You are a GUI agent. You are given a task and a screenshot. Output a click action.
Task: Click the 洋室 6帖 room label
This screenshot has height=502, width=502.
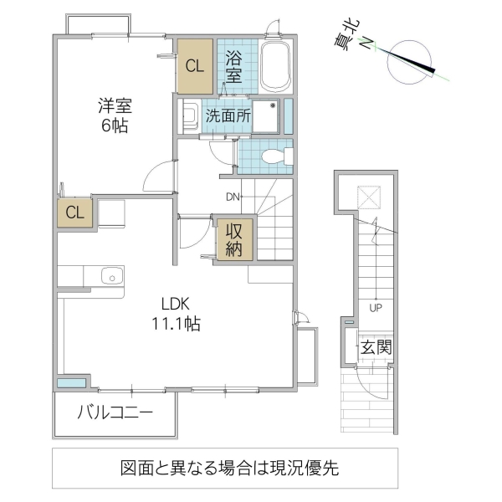(115, 115)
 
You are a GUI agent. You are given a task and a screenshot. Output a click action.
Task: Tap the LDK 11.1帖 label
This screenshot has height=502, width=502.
(175, 314)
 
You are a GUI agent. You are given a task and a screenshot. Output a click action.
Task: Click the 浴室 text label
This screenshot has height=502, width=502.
(234, 66)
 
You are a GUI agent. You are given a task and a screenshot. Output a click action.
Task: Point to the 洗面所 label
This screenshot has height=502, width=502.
(228, 117)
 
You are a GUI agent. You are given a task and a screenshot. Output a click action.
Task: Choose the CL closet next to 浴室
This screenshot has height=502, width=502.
(194, 67)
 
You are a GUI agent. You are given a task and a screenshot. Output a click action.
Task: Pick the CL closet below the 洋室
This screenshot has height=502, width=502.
(74, 213)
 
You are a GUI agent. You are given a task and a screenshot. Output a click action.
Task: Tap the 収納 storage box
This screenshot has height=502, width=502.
(232, 240)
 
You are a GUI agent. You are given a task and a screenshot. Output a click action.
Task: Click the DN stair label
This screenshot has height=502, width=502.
(233, 197)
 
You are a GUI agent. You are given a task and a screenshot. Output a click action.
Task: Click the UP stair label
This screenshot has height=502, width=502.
(376, 307)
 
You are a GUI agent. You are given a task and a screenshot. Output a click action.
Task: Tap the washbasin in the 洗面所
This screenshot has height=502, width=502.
(189, 116)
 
